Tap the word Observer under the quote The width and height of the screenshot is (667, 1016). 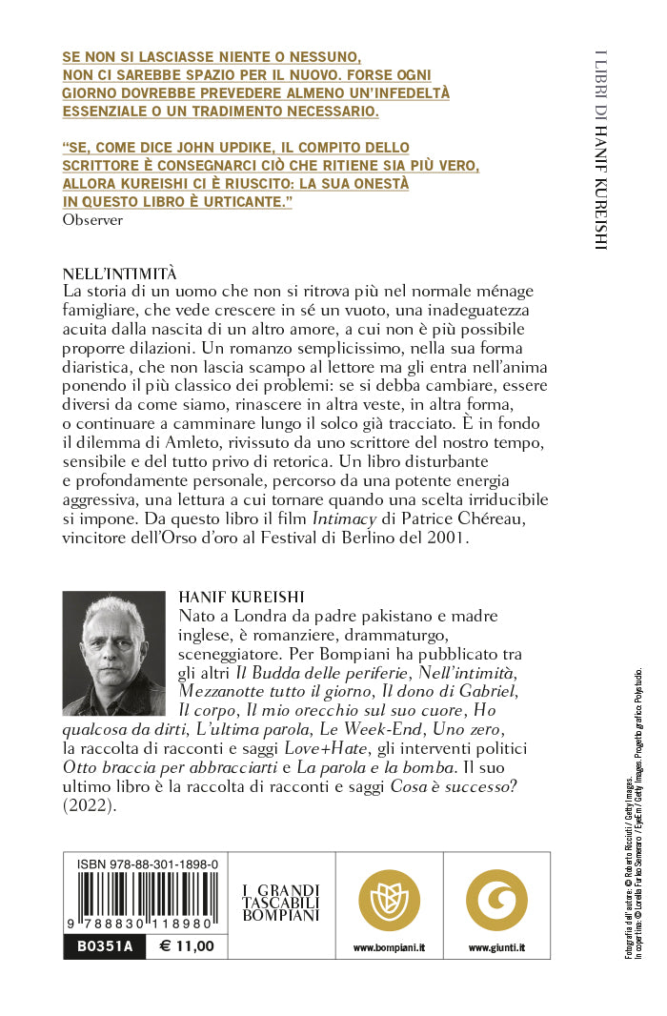(x=92, y=219)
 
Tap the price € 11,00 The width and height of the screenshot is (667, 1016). (x=187, y=946)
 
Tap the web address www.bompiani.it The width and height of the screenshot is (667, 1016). (x=388, y=948)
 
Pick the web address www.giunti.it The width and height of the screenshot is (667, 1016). (x=496, y=948)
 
